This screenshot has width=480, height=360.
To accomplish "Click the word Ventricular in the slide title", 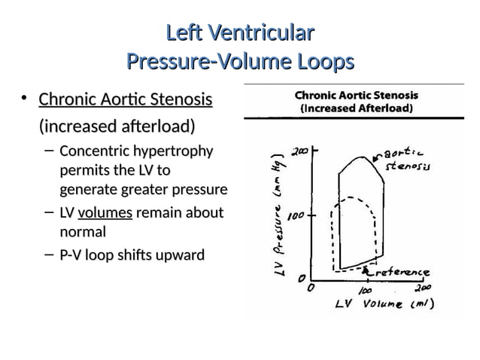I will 260,34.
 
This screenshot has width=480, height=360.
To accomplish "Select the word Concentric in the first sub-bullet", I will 93,151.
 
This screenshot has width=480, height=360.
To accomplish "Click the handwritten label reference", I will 403,272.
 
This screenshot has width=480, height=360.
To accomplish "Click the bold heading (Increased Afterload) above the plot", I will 356,108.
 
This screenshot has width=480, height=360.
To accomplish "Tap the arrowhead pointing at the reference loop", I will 366,268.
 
